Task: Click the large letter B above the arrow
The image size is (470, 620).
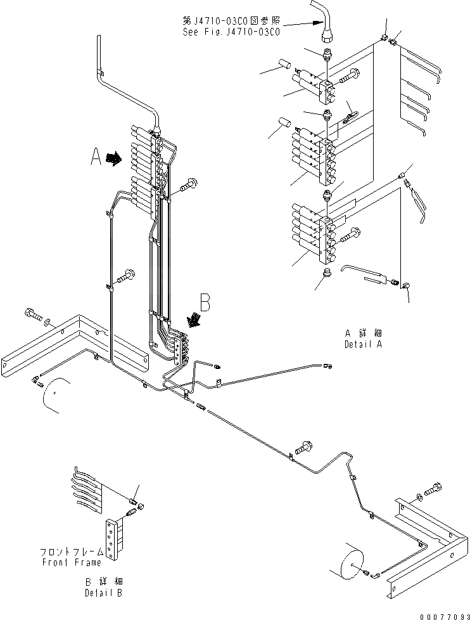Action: pos(205,302)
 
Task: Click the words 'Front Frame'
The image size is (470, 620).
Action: pos(72,562)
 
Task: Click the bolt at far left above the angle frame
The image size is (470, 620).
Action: pos(33,313)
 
